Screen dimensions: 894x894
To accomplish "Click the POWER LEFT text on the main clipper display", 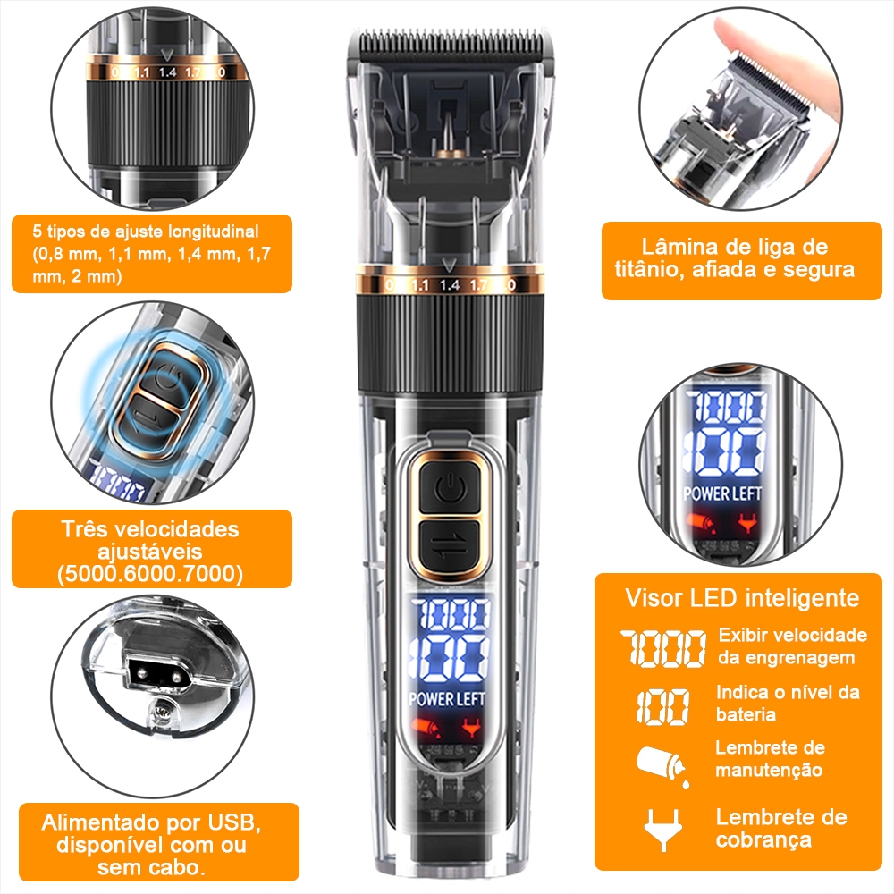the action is click(x=448, y=699).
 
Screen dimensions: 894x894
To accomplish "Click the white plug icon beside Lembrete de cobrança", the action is click(x=662, y=830).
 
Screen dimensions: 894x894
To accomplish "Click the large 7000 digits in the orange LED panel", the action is click(x=663, y=647).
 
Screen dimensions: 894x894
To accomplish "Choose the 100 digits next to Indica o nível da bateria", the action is click(x=663, y=706).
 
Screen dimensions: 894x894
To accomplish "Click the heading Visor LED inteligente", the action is click(x=742, y=598).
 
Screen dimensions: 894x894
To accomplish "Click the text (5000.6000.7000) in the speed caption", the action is click(x=150, y=574).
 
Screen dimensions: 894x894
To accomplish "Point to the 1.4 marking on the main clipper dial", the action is click(x=450, y=284).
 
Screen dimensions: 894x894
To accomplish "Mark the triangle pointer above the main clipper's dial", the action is click(x=450, y=266).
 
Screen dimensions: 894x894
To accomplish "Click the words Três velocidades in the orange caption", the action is click(x=150, y=529).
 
